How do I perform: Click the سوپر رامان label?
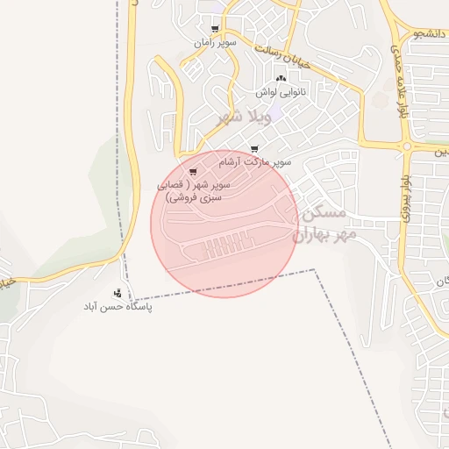215,41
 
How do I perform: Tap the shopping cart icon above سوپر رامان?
216,29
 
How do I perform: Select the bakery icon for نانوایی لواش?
281,79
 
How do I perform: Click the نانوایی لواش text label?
281,91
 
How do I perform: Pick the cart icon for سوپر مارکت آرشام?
254,149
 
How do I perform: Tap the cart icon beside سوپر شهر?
193,171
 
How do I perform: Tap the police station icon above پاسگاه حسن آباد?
118,293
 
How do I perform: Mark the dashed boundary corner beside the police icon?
131,301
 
